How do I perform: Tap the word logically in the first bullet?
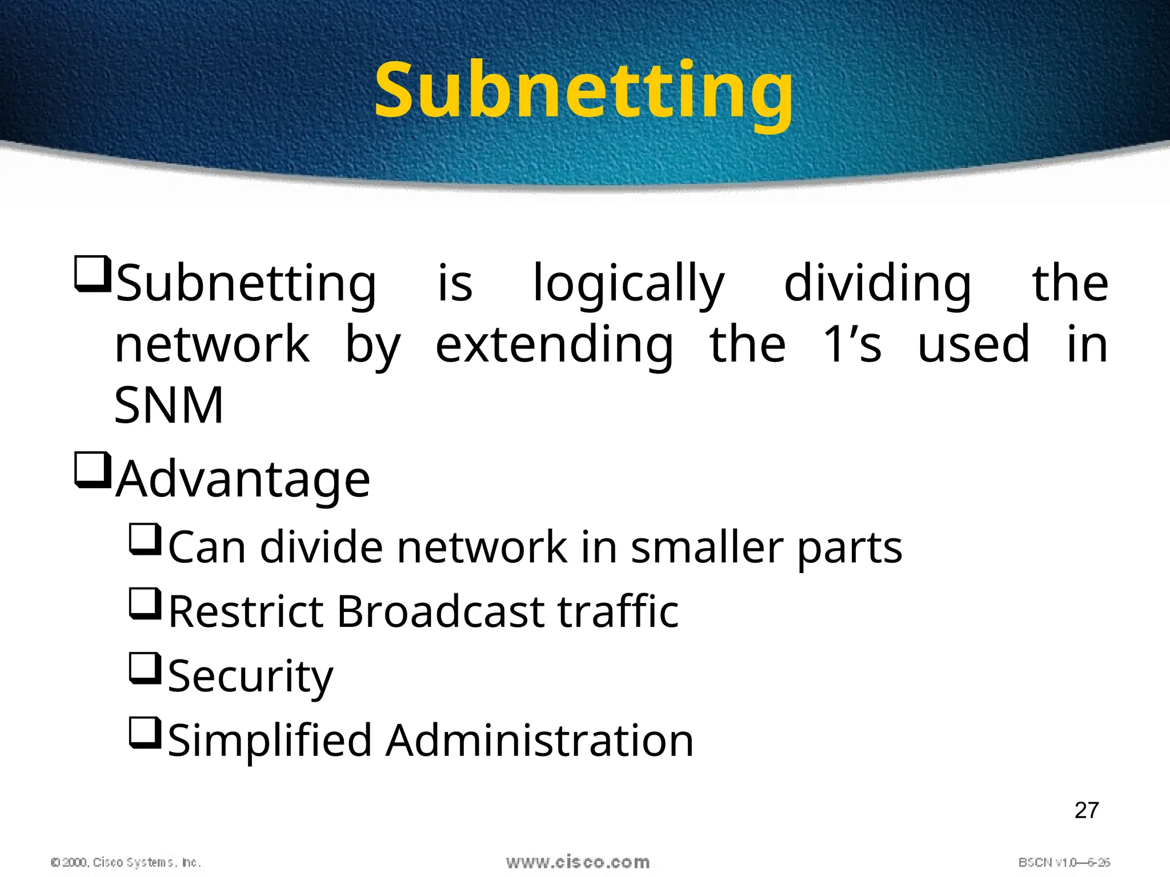[628, 284]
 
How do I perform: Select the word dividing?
[877, 284]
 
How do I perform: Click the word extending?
[554, 345]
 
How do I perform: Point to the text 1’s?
[852, 344]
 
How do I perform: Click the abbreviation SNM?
[169, 405]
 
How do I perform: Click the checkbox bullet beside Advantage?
[92, 470]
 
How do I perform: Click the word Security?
[250, 677]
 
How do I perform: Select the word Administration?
[539, 741]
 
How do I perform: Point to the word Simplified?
[271, 741]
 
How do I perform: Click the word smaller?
[707, 548]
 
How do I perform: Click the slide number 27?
[1086, 811]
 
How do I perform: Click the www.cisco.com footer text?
[578, 862]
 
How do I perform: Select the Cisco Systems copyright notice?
[126, 862]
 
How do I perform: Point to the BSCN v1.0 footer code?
[1064, 862]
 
